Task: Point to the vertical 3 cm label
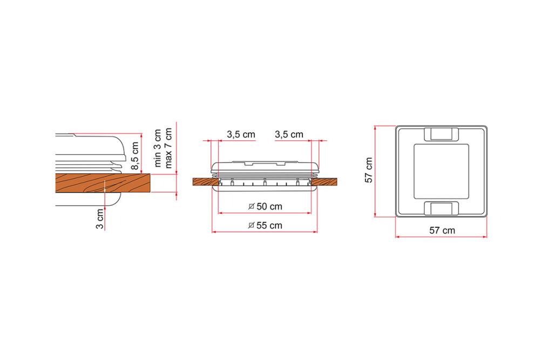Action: (x=100, y=218)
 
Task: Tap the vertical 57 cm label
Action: (x=369, y=171)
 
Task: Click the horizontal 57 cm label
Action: (x=442, y=230)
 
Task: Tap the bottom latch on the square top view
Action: (x=442, y=208)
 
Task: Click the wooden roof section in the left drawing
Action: (x=103, y=184)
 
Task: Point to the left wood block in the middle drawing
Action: (x=206, y=182)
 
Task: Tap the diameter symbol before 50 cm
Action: (x=252, y=207)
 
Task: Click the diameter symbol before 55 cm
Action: (x=252, y=226)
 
